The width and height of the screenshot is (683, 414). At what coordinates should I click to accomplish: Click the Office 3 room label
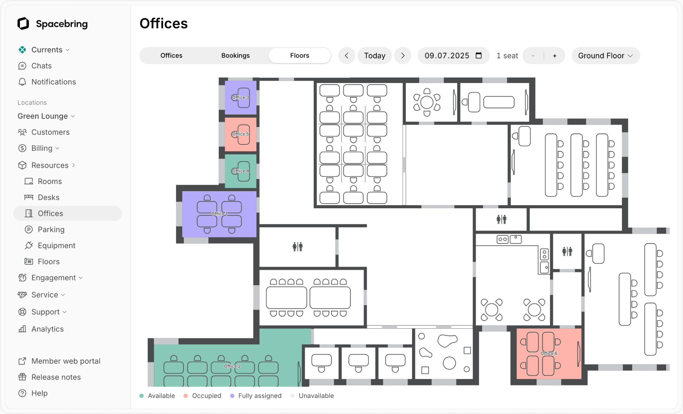click(240, 97)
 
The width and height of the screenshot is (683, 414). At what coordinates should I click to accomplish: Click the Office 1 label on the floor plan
click(219, 214)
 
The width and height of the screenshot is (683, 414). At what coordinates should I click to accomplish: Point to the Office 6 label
click(549, 353)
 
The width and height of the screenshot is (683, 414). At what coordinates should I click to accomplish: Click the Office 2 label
click(232, 366)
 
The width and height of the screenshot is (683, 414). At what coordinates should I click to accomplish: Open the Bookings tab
click(235, 56)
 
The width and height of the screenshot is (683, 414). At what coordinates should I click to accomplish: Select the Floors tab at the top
click(299, 56)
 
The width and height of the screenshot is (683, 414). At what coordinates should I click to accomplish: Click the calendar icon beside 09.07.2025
click(479, 56)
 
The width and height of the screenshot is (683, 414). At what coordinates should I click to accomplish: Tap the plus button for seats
click(554, 56)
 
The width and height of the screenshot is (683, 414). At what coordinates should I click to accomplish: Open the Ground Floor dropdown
click(606, 56)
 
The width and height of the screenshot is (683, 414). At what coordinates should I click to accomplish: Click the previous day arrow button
click(347, 56)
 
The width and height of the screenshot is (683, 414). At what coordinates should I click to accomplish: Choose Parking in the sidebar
click(51, 229)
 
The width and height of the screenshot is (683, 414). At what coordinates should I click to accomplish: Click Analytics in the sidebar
click(47, 329)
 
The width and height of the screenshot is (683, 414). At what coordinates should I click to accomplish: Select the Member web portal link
click(66, 361)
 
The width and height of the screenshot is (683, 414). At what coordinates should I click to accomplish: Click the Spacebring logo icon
click(23, 24)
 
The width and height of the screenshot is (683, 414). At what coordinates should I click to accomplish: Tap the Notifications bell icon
click(22, 82)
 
